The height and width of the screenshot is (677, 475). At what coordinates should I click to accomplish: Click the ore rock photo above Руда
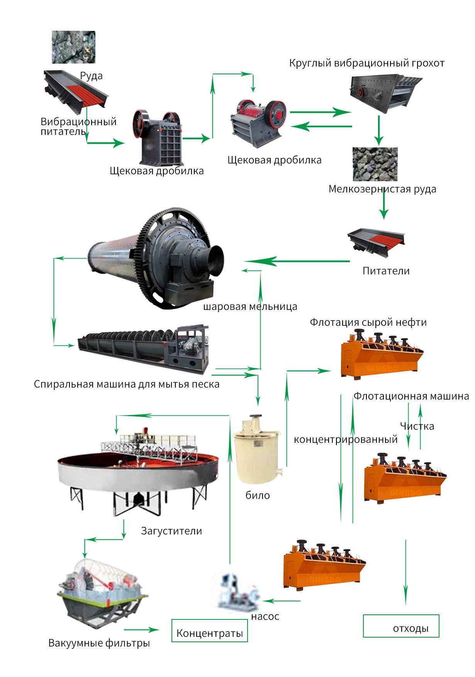73,47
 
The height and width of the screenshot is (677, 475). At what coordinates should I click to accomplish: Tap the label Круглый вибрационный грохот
367,63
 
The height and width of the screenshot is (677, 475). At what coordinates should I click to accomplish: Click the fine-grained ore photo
375,164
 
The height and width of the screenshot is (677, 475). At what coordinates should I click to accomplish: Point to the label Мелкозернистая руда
382,189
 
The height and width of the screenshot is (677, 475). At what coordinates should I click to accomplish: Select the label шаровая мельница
250,307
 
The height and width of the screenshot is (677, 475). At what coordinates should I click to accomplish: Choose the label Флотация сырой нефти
368,322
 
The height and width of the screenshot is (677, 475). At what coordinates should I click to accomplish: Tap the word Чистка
417,426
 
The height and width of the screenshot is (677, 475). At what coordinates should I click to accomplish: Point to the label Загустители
171,531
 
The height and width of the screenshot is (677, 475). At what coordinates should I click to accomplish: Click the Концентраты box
210,630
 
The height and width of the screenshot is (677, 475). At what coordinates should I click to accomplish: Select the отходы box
401,626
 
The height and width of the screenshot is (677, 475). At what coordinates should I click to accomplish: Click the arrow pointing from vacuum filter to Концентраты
141,630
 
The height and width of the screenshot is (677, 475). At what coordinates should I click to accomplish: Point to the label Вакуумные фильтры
99,643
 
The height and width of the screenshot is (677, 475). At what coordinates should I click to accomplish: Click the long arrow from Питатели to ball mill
297,262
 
